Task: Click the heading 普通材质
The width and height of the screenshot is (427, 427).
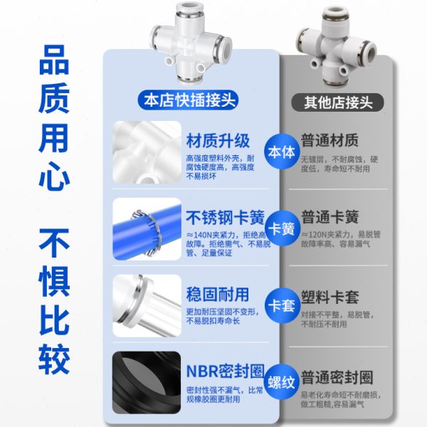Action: pos(330,139)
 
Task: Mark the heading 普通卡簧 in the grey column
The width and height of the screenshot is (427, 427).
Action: pos(330,216)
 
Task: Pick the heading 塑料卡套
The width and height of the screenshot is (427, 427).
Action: pos(330,294)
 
